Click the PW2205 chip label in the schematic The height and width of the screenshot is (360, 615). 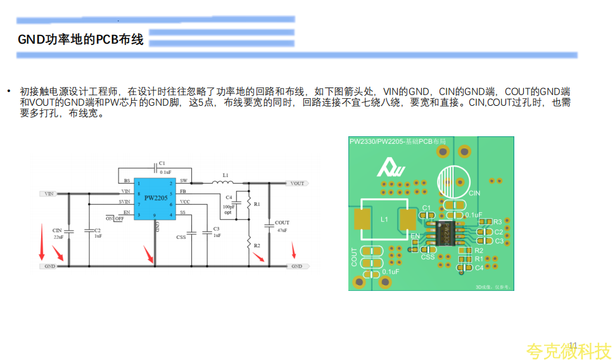(155, 198)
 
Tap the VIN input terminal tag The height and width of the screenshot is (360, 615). (49, 193)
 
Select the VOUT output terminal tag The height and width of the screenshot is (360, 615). (297, 183)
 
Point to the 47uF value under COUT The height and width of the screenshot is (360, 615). (282, 231)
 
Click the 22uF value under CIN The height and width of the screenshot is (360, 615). (58, 236)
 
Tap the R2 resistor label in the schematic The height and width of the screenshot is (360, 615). (257, 245)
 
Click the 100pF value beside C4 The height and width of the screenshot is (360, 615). (228, 207)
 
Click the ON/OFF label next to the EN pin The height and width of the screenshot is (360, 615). (115, 218)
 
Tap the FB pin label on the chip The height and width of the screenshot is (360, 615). (183, 191)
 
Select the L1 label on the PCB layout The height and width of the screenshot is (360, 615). (384, 219)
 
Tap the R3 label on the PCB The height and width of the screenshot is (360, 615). (497, 222)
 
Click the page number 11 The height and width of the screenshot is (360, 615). (573, 345)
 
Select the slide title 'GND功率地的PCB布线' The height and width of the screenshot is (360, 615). (80, 40)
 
